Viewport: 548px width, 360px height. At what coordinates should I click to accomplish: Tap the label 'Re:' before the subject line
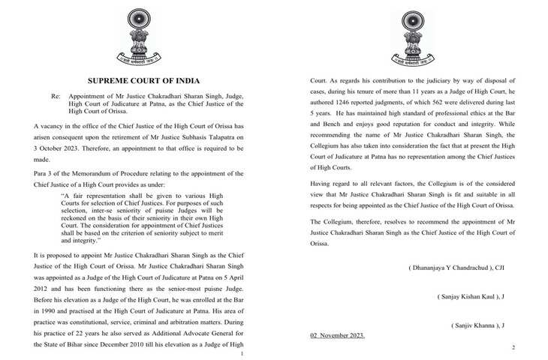coord(56,97)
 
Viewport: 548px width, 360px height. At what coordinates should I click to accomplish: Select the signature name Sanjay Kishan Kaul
coord(471,297)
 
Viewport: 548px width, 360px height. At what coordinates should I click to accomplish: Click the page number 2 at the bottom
coord(513,347)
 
